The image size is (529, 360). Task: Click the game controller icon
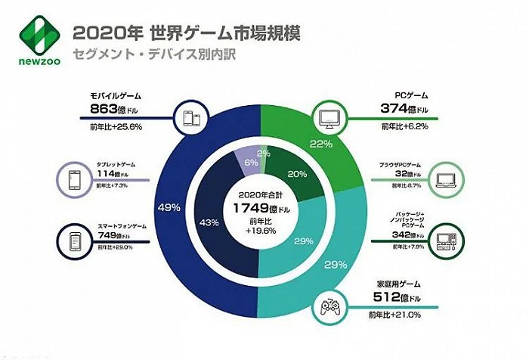(x=329, y=307)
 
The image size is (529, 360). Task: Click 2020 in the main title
(x=95, y=33)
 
